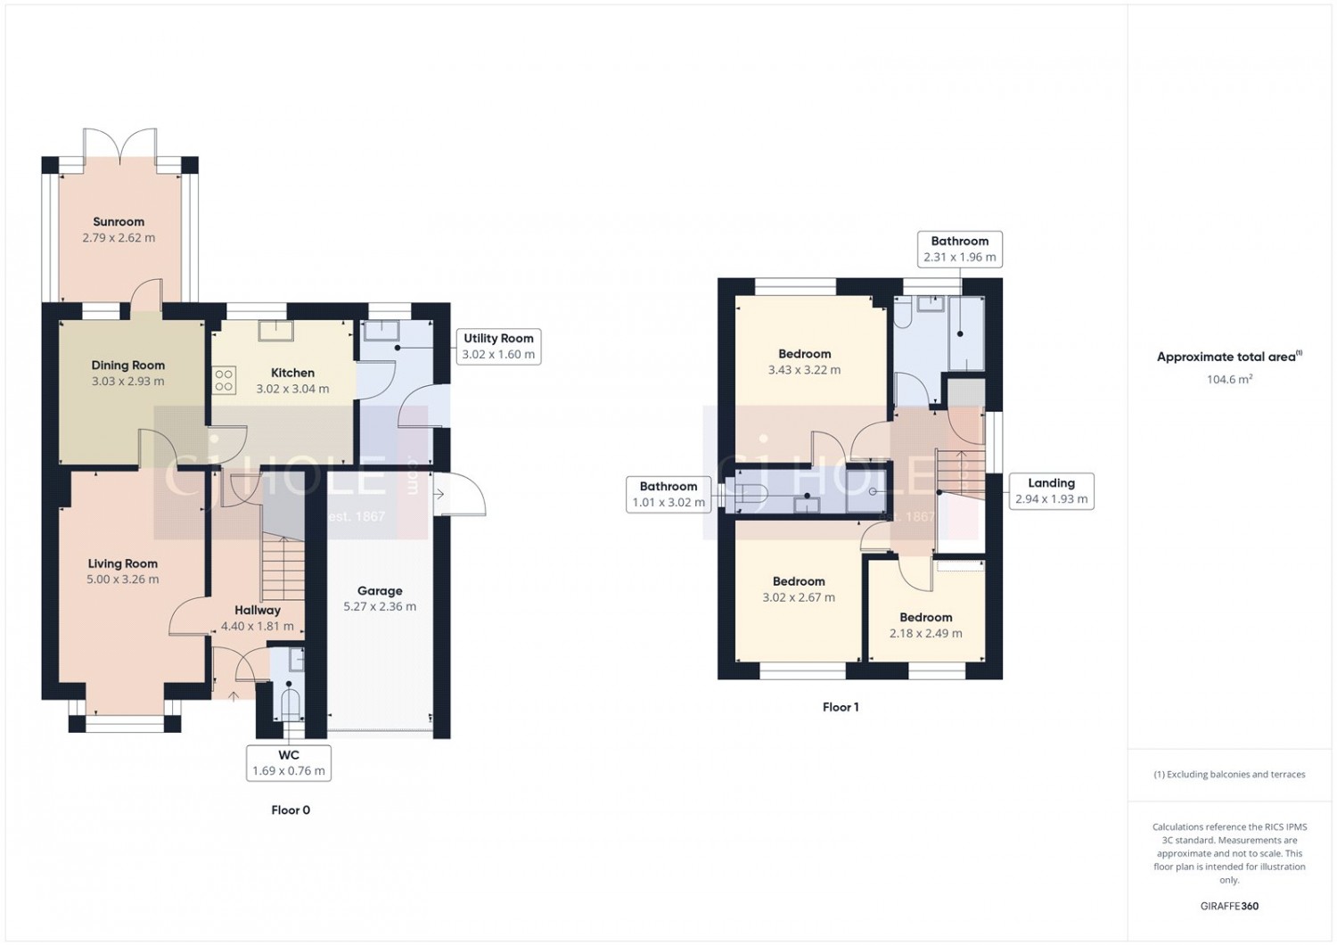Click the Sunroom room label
point(119,222)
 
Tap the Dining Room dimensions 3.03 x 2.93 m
point(127,382)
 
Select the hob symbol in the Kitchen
point(224,381)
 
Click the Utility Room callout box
point(498,346)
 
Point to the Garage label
point(380,591)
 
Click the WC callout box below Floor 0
point(289,763)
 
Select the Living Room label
point(123,563)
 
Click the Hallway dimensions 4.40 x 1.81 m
point(258,627)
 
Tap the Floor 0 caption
point(291,810)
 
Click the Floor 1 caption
point(841,707)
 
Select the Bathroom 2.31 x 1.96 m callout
point(960,249)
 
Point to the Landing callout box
point(1052,491)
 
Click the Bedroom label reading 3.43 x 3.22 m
point(804,362)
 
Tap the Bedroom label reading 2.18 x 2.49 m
point(926,626)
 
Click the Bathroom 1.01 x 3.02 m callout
point(668,494)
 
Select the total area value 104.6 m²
point(1229,380)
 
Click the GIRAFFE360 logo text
point(1229,906)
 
